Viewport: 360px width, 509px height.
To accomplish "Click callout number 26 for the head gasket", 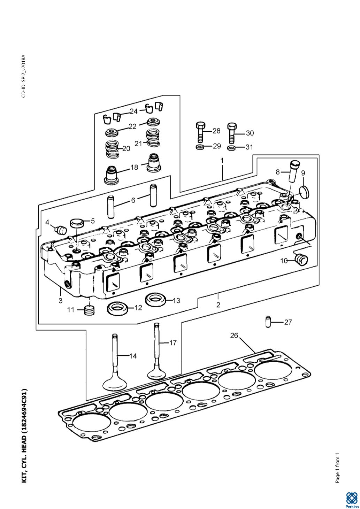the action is [234, 336].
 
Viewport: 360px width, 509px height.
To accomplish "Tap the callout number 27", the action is [288, 322].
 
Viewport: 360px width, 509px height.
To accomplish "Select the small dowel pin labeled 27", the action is [268, 322].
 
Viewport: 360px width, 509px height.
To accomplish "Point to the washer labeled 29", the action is [200, 147].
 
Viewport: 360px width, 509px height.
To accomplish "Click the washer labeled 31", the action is [231, 148].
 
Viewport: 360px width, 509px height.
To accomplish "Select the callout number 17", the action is [173, 343].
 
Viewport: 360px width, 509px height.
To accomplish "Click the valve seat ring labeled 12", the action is [117, 308].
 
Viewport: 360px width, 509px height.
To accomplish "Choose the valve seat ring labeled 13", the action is [156, 300].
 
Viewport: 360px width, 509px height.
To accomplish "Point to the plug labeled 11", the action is [89, 310].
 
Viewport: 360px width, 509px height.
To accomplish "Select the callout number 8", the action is [278, 172].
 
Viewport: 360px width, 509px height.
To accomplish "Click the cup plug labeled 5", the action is [77, 223].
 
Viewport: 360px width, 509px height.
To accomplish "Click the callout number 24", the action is [133, 111].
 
